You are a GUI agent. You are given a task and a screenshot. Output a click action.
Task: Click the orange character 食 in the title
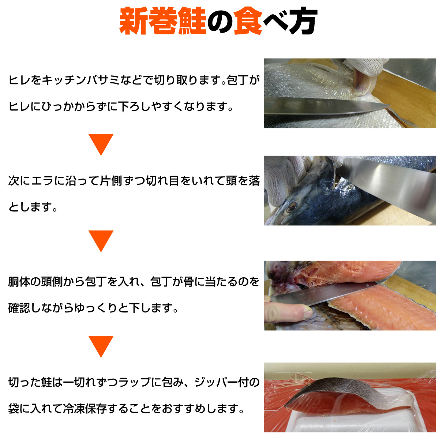tap(248, 21)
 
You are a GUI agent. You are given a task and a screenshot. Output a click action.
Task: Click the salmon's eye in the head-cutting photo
tap(291, 207)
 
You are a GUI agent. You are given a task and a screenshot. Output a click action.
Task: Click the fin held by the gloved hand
tap(362, 84)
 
